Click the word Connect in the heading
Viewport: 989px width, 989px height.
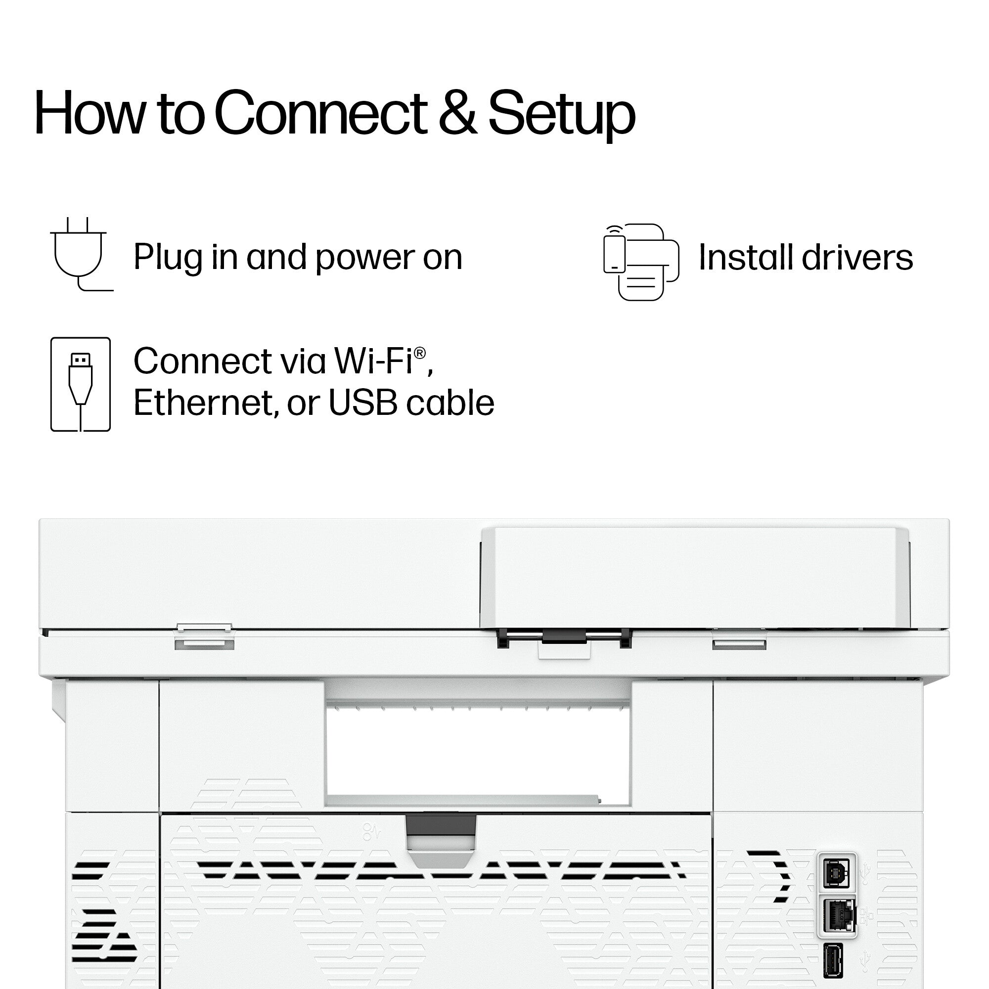click(x=321, y=113)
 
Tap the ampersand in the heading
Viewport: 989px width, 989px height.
click(x=457, y=113)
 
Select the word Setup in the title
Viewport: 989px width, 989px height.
click(x=562, y=115)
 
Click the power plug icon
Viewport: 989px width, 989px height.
click(x=82, y=254)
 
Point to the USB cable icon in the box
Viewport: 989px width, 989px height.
click(x=81, y=384)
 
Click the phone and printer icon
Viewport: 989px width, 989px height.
click(x=641, y=262)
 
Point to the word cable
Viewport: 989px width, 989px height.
click(x=450, y=403)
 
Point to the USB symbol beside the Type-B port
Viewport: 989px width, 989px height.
click(x=864, y=873)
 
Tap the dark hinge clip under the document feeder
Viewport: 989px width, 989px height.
click(x=564, y=637)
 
